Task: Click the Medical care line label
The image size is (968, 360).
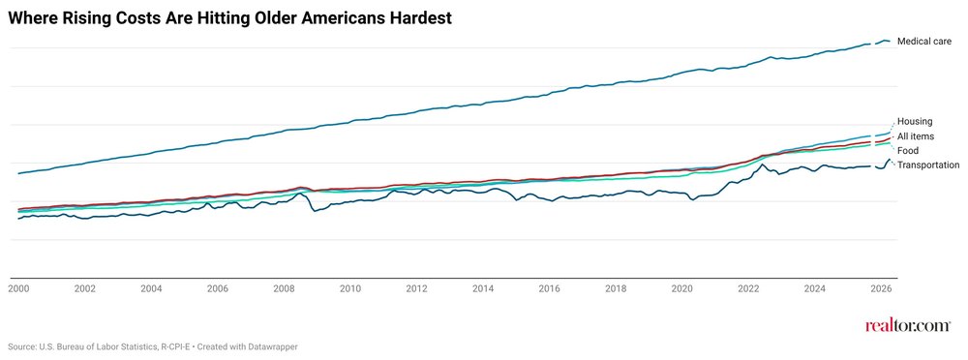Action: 924,42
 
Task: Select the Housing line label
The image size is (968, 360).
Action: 915,121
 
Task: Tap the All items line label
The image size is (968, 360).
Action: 915,136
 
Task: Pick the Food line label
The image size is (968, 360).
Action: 908,151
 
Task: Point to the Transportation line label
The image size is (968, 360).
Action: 928,165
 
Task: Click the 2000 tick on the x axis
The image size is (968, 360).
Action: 17,288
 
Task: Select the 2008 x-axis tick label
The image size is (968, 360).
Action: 284,288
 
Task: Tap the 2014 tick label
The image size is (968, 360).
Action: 483,288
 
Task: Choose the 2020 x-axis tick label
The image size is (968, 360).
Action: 682,288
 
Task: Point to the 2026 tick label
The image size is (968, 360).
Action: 882,288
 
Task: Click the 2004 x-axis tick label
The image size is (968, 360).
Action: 151,288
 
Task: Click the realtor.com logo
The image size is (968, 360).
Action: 907,325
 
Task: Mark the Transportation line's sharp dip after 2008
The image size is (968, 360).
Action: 315,211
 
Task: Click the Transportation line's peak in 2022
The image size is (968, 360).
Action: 764,165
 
